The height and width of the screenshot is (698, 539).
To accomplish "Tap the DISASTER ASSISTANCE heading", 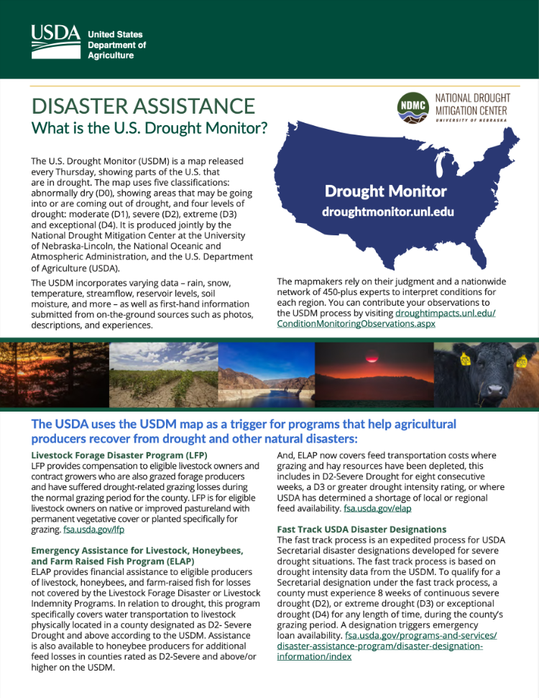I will (143, 106).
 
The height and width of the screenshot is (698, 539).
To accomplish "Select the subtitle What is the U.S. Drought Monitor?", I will (149, 129).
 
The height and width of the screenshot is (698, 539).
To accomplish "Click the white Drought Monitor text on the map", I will (385, 191).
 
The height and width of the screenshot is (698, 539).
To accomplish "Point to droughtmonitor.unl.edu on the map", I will (388, 212).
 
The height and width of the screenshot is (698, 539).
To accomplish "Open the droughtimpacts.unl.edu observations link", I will (386, 319).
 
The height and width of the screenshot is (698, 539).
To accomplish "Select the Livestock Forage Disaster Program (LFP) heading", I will (119, 455).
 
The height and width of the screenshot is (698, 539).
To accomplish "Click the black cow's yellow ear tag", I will (465, 359).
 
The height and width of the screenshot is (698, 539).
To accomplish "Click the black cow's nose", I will (495, 391).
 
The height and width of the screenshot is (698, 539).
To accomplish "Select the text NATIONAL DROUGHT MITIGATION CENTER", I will (472, 105).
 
